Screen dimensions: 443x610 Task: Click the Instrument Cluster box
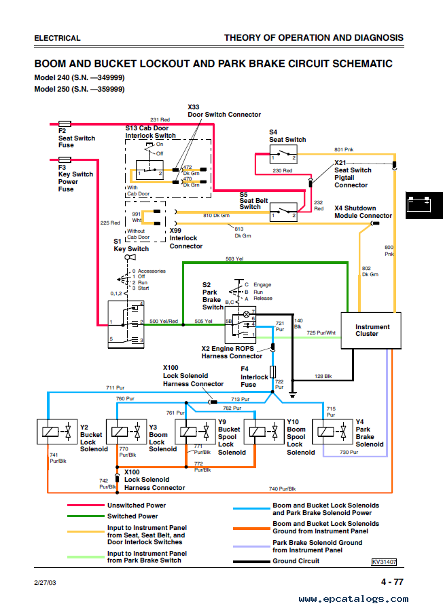(371, 330)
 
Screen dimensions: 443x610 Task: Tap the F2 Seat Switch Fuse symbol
(65, 123)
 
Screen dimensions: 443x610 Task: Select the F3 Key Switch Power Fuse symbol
(65, 159)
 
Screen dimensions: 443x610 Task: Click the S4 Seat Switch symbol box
(283, 154)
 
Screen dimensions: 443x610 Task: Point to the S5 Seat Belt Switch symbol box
(283, 212)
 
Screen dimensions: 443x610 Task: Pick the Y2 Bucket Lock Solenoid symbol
(57, 432)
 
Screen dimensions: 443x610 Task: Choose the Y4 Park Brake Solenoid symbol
(332, 432)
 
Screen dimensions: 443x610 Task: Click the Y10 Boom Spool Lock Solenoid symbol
(264, 432)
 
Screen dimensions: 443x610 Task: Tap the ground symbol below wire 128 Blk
(293, 394)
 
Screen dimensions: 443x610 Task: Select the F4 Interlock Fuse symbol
(272, 372)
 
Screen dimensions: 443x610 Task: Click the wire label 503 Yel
(234, 259)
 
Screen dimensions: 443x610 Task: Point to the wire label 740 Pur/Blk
(282, 489)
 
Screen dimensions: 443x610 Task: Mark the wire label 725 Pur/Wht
(321, 332)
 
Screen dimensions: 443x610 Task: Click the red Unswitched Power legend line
(86, 506)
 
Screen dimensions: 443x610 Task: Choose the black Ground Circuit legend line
(251, 561)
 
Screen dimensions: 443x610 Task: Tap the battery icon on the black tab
(419, 205)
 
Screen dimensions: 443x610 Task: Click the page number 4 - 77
(392, 582)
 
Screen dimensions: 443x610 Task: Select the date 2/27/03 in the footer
(45, 582)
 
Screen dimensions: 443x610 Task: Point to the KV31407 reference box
(384, 562)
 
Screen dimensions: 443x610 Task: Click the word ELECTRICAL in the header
(57, 38)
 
